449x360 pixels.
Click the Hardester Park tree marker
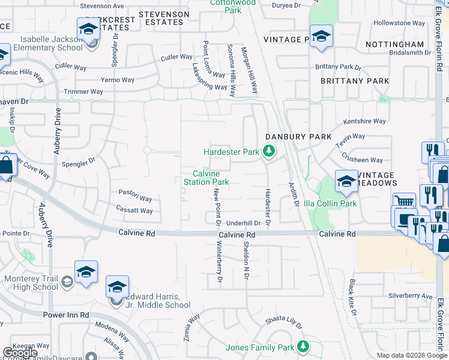[270, 152]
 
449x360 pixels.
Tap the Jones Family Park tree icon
[303, 347]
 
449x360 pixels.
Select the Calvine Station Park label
[206, 178]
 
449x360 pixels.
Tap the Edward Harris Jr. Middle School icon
[117, 286]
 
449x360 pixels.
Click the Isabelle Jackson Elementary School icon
[88, 28]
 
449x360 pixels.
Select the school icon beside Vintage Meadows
[346, 181]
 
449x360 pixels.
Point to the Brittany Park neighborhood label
[354, 80]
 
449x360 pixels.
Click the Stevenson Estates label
[160, 17]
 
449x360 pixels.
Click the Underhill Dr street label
[243, 223]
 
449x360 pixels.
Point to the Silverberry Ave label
[410, 296]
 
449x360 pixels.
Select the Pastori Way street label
[135, 199]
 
